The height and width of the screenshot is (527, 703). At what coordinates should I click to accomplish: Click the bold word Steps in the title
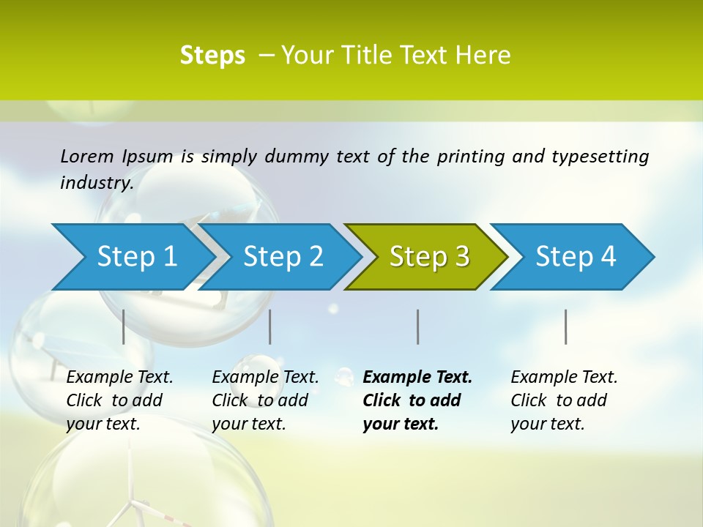click(x=212, y=56)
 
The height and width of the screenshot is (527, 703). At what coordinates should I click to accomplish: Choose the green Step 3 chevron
click(x=429, y=257)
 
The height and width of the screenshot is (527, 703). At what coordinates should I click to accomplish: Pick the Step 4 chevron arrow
click(x=576, y=257)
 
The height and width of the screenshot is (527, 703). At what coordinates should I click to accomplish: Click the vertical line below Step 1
click(x=124, y=326)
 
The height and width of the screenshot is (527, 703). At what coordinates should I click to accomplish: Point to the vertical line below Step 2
click(x=270, y=326)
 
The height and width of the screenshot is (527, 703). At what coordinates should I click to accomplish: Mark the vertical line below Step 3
click(x=418, y=326)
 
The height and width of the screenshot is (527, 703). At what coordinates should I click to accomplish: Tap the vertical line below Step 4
click(x=566, y=326)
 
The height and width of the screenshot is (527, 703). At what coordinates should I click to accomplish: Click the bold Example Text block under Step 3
click(x=417, y=400)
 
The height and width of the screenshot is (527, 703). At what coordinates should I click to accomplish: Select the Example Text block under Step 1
click(x=119, y=400)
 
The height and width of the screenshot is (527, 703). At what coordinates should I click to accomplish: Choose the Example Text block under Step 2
click(x=265, y=400)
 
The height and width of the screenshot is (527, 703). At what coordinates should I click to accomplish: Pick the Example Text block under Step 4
click(x=564, y=400)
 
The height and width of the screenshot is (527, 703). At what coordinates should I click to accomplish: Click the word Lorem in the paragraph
click(x=87, y=157)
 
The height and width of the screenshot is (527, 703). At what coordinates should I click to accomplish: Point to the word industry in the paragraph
click(x=96, y=183)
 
